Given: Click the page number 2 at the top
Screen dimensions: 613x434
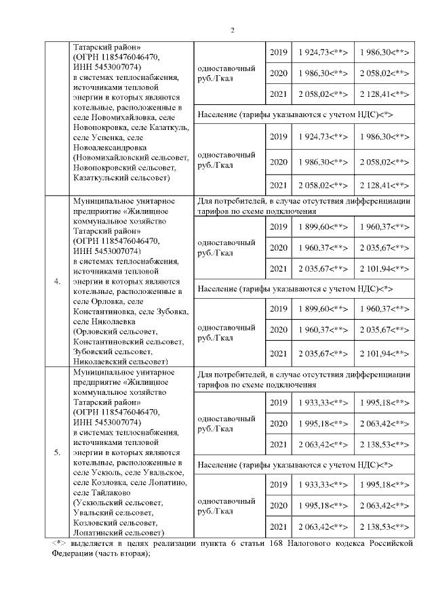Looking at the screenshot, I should point(233,30).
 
